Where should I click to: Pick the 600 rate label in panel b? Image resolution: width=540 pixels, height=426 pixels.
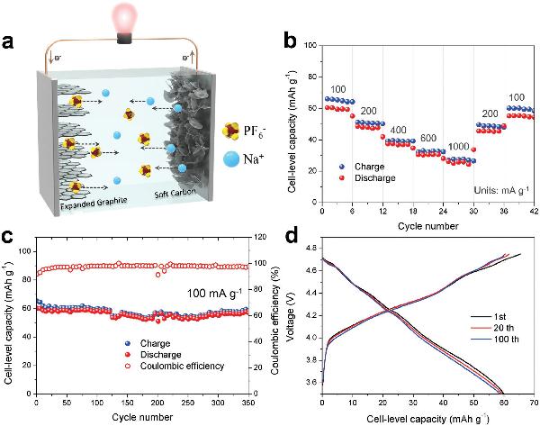click(430, 139)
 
